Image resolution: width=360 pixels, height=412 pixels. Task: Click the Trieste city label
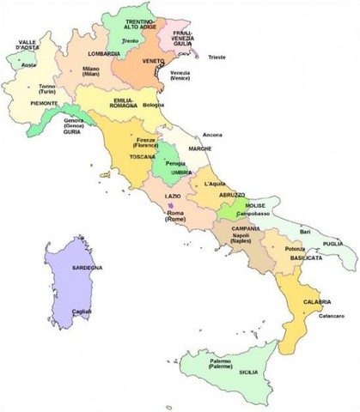click(217, 57)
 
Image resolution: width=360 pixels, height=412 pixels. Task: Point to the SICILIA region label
click(248, 373)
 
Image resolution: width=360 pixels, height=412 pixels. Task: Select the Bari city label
click(304, 232)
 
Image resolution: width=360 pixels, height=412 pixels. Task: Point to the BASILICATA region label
click(306, 257)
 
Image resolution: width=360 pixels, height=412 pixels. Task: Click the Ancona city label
click(212, 135)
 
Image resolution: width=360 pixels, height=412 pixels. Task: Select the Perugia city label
click(176, 163)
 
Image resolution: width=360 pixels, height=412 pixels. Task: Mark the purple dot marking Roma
click(173, 205)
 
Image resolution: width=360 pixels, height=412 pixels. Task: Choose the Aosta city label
click(28, 64)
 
